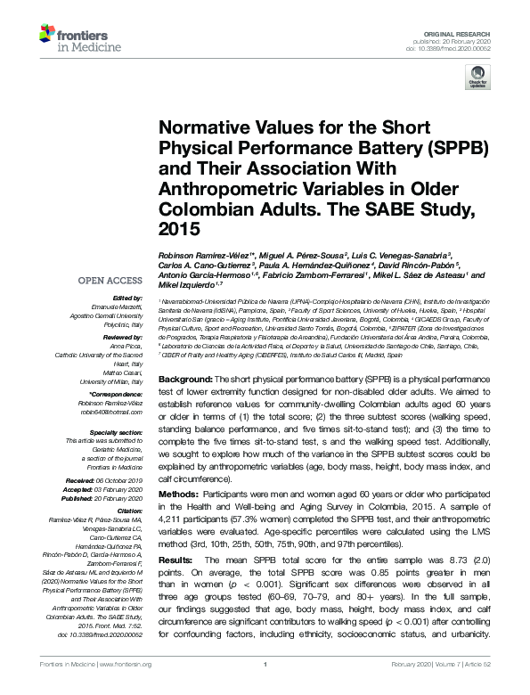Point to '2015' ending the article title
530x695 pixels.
click(181, 228)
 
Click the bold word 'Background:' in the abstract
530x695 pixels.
click(185, 380)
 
